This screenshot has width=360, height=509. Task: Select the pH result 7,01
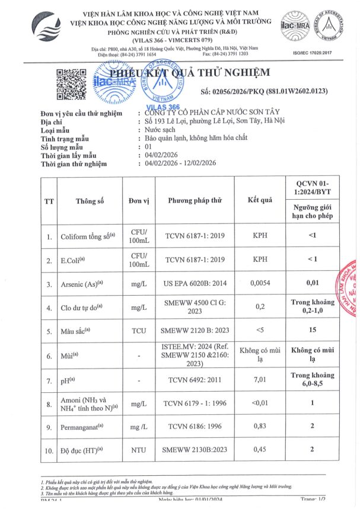click(x=260, y=379)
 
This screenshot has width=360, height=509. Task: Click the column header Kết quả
click(x=260, y=200)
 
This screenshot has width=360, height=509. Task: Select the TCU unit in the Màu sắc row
click(x=138, y=331)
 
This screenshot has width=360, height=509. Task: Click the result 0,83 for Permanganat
click(x=260, y=426)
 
